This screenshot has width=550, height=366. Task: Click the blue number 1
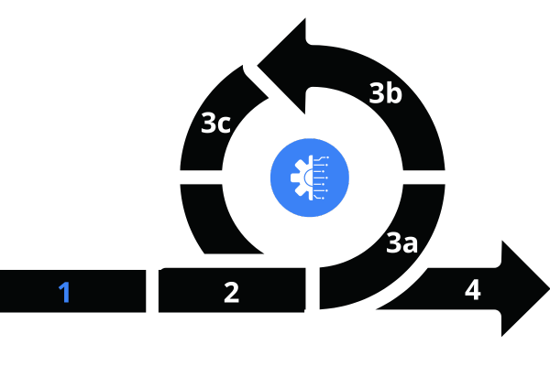tap(64, 292)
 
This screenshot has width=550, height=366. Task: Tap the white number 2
tap(232, 292)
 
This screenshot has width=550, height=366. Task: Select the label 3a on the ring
tap(402, 242)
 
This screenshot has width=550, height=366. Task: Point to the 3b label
tap(386, 92)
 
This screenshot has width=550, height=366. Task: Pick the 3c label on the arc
tap(215, 123)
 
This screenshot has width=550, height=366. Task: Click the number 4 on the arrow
tap(472, 290)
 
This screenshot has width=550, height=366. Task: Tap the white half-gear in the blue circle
tap(302, 178)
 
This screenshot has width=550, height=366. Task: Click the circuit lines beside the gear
tap(321, 178)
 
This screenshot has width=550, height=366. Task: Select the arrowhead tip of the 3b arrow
tap(258, 66)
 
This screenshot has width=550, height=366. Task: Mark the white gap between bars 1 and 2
tap(152, 291)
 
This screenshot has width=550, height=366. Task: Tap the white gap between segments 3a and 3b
tap(424, 178)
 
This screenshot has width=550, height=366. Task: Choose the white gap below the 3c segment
tap(201, 178)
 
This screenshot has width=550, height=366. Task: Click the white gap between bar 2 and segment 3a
tap(313, 288)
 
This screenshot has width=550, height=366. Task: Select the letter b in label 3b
tap(394, 92)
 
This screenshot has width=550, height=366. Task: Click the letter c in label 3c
tap(224, 124)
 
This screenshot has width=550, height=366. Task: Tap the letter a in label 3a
tap(411, 244)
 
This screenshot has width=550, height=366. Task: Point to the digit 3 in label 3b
tap(378, 93)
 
